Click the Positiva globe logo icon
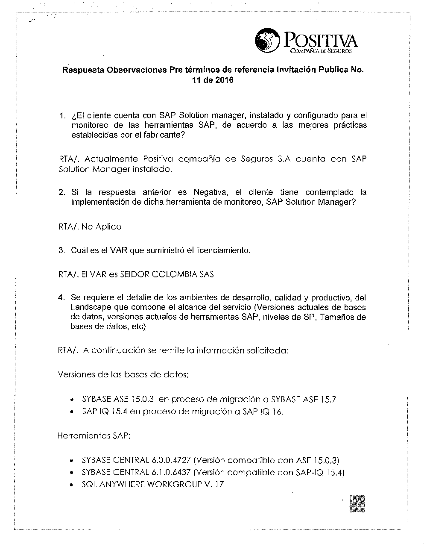coord(265,40)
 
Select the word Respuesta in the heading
coord(83,70)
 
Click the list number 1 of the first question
coord(62,116)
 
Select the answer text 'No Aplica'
coord(101,226)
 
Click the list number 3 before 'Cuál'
coord(62,250)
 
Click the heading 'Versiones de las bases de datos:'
coord(123,375)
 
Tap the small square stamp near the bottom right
coord(357,503)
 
